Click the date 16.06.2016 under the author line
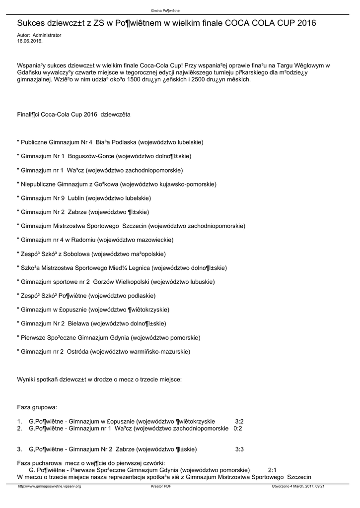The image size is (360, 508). click(x=30, y=41)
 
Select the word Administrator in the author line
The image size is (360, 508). click(x=47, y=36)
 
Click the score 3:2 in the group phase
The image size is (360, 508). click(x=239, y=421)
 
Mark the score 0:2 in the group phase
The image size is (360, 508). click(x=238, y=428)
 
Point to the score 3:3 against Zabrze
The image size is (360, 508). click(x=239, y=449)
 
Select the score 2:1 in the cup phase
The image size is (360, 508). click(x=272, y=469)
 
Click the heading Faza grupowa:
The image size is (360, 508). click(x=37, y=407)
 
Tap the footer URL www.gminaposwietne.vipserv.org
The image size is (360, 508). click(x=49, y=487)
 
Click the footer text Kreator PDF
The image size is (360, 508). click(x=161, y=487)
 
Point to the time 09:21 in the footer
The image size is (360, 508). click(x=320, y=487)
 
